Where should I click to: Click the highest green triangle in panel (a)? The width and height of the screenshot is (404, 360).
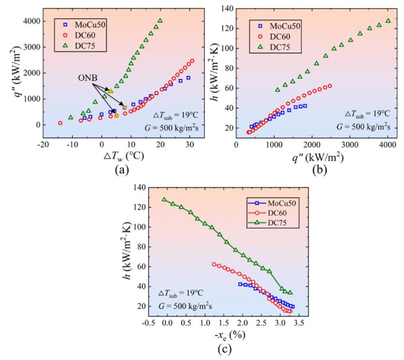(x=160, y=21)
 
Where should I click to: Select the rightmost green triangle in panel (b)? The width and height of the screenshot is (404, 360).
(x=388, y=21)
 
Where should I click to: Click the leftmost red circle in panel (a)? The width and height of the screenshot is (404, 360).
(x=60, y=123)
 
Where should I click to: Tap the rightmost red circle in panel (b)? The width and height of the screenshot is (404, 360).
(x=329, y=86)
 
